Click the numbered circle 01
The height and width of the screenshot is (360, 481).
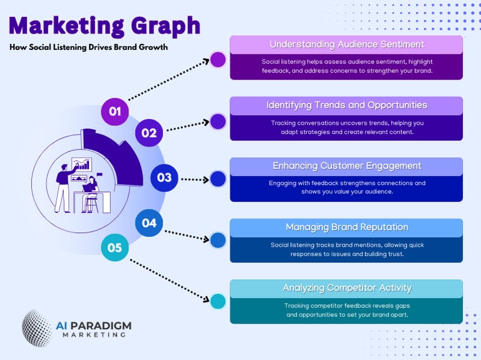pyautogui.click(x=115, y=111)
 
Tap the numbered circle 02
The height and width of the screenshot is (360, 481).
pyautogui.click(x=148, y=133)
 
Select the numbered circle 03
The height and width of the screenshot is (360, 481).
pyautogui.click(x=164, y=177)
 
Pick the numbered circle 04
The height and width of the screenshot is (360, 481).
pyautogui.click(x=149, y=222)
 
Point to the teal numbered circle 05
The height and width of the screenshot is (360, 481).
pyautogui.click(x=115, y=247)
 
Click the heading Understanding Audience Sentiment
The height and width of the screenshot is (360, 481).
pyautogui.click(x=346, y=44)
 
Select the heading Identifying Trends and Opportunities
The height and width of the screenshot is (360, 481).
pyautogui.click(x=346, y=105)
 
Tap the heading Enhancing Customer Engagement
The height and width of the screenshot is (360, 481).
pyautogui.click(x=346, y=166)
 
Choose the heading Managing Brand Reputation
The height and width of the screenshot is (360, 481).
pyautogui.click(x=346, y=227)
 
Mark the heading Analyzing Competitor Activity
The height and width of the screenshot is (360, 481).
pyautogui.click(x=346, y=288)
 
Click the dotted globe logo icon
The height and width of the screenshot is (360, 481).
pyautogui.click(x=37, y=328)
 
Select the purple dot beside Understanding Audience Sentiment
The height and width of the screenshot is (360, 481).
pyautogui.click(x=218, y=59)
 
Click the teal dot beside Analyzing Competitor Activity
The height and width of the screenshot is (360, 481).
pyautogui.click(x=218, y=301)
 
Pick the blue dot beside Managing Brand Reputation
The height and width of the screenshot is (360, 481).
pyautogui.click(x=218, y=240)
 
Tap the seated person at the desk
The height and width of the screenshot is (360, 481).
pyautogui.click(x=91, y=192)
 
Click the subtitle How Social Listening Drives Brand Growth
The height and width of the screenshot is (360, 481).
pyautogui.click(x=88, y=47)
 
